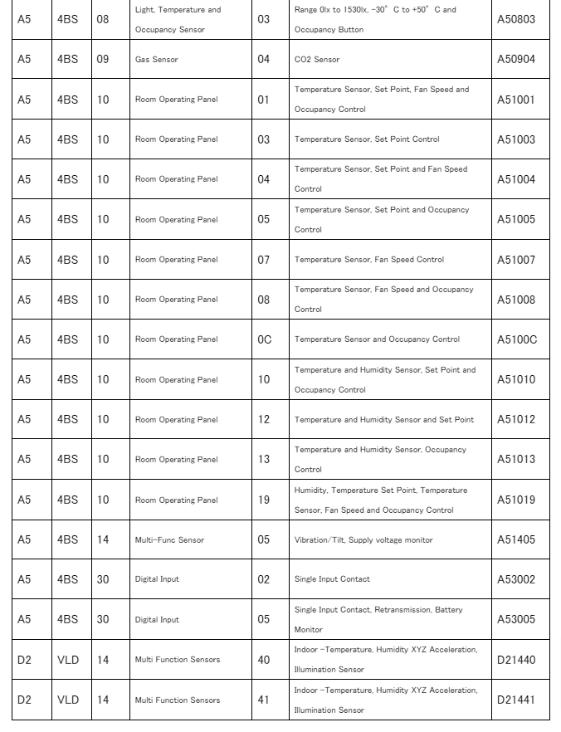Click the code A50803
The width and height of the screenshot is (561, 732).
click(x=516, y=19)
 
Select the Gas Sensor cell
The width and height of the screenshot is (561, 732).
click(x=157, y=60)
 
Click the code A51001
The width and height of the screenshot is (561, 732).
click(x=516, y=100)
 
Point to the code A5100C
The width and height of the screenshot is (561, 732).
click(x=517, y=339)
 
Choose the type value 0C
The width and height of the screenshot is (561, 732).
click(x=264, y=339)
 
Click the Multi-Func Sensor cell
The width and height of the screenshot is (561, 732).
click(x=169, y=540)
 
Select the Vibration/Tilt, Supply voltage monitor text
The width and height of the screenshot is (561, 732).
click(x=363, y=540)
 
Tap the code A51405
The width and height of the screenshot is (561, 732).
click(x=516, y=540)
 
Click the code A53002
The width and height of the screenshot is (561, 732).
click(x=516, y=579)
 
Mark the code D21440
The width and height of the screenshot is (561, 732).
click(x=516, y=660)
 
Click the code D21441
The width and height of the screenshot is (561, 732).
click(x=516, y=700)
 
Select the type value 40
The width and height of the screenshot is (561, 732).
click(x=263, y=660)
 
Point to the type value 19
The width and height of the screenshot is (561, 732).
click(x=263, y=500)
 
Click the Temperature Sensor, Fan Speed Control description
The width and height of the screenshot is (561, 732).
click(x=369, y=260)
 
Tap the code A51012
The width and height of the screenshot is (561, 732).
click(x=516, y=419)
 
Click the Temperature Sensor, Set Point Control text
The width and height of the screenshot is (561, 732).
click(x=367, y=139)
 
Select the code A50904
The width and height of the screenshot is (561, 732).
click(x=516, y=60)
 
